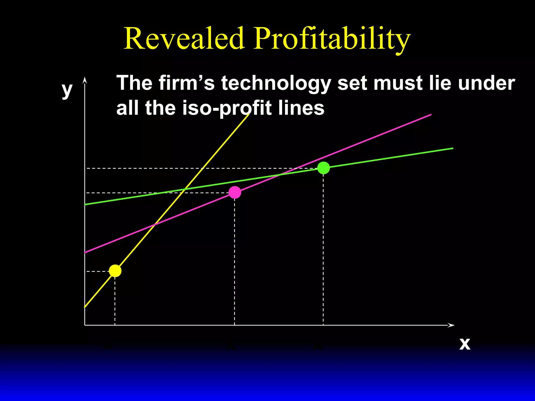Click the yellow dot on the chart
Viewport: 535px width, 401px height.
115,271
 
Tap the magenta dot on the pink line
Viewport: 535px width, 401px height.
235,192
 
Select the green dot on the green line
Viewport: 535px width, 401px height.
324,168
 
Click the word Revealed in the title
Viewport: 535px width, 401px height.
184,38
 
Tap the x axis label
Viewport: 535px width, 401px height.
465,344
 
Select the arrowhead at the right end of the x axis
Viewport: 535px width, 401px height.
451,325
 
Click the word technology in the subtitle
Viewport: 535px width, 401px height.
276,84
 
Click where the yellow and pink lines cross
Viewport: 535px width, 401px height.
155,224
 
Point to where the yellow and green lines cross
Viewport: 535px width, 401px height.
184,189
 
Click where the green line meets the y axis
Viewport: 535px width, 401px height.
85,204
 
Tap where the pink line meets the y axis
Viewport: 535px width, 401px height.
85,252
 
